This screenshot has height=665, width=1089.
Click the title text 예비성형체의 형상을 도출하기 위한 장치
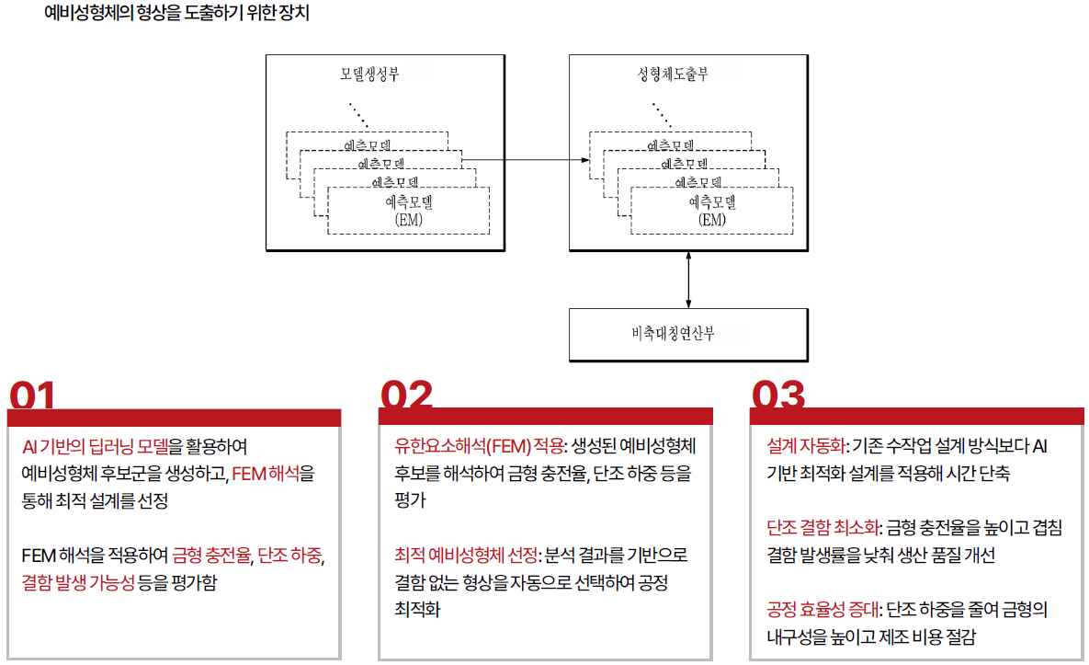(176, 13)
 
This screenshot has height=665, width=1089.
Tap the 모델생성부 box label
(369, 74)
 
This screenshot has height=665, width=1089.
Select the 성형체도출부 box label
(673, 74)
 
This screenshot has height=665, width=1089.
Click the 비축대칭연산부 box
(688, 335)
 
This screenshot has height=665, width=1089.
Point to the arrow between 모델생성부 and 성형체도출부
(526, 160)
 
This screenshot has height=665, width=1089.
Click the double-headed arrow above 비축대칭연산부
(688, 280)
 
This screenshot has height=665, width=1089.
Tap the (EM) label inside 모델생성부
(408, 220)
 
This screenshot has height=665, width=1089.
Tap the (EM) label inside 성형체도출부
(712, 220)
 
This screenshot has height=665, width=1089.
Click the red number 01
(32, 396)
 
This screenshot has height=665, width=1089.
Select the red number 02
(406, 395)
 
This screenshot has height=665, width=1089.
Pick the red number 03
(778, 395)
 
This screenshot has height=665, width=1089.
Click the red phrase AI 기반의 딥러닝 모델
(96, 446)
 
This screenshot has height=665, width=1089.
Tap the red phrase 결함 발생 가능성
(78, 582)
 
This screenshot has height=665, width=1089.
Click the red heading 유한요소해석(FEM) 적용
(480, 446)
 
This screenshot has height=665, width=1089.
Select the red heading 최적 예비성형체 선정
(466, 556)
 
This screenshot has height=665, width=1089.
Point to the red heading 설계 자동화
(806, 446)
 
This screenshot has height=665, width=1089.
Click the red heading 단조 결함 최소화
(823, 528)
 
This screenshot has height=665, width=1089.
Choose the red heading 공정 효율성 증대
(823, 610)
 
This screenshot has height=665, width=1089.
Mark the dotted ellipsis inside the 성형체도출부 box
(662, 115)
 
